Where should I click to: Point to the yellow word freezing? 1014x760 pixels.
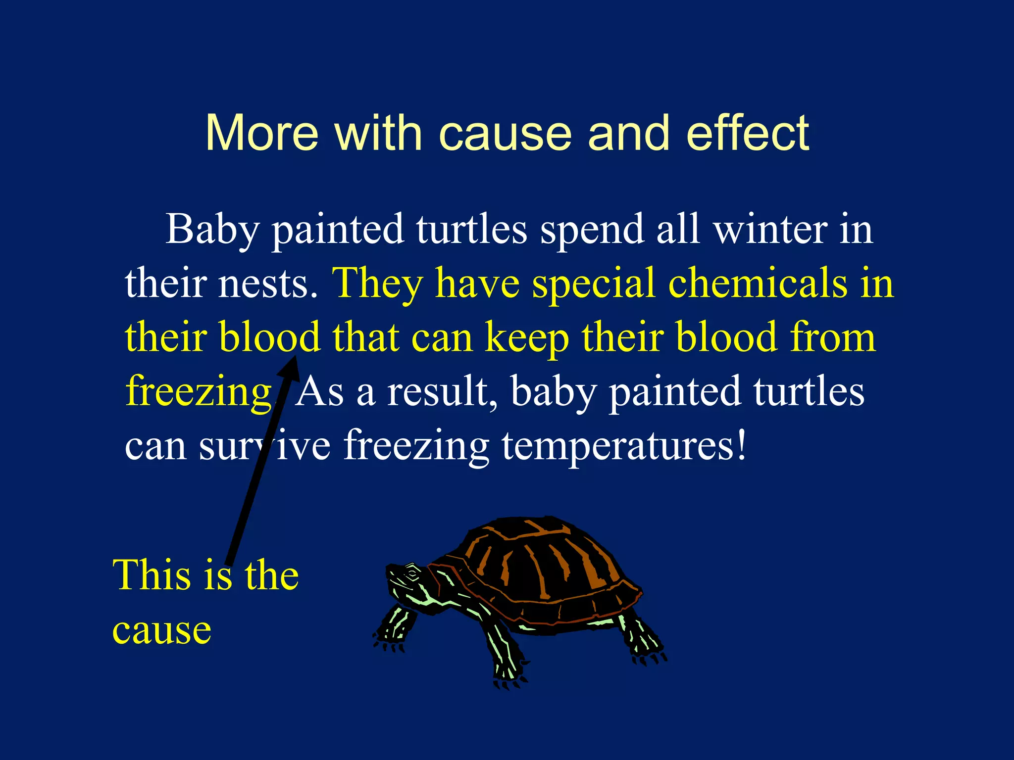pyautogui.click(x=199, y=392)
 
